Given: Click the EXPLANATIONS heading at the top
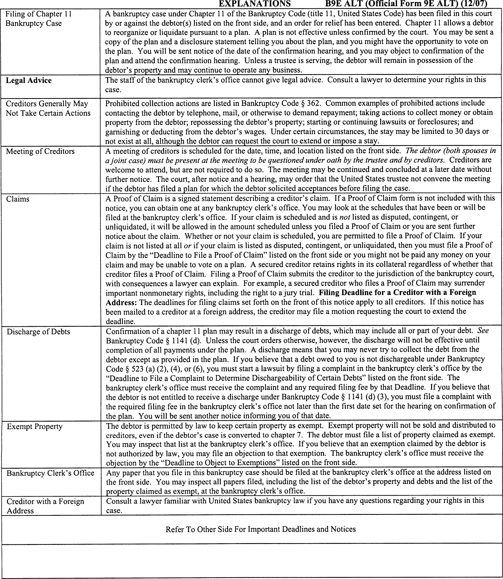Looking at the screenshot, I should [255, 4].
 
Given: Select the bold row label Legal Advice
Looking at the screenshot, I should [29, 81].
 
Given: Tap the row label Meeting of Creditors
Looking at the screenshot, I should [40, 151].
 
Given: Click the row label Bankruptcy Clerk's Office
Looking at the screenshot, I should [50, 473].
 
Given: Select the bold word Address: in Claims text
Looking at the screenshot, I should [121, 302].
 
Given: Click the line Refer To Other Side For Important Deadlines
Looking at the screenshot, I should [260, 529].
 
